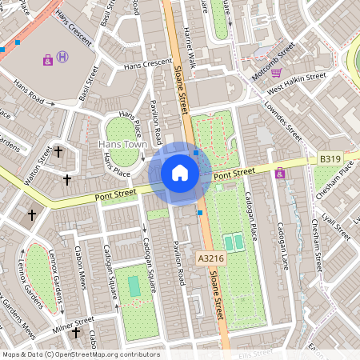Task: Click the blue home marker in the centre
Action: pyautogui.click(x=179, y=173)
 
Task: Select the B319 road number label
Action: pyautogui.click(x=330, y=160)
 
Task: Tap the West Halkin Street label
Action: pyautogui.click(x=297, y=79)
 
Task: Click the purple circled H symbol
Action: pyautogui.click(x=63, y=58)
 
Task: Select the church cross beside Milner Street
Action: pyautogui.click(x=76, y=332)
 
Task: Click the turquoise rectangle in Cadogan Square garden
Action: pyautogui.click(x=134, y=284)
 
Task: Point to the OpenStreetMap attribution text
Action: pyautogui.click(x=80, y=354)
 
